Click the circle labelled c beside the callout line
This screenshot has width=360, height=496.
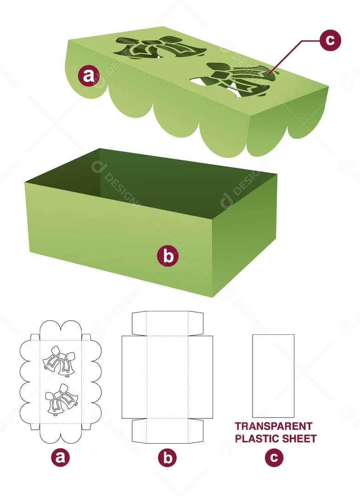click(x=330, y=40)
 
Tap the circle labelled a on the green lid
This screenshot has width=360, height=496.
click(x=88, y=76)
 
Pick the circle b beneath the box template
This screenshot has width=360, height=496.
click(x=168, y=457)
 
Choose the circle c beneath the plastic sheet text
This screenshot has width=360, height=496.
click(x=274, y=457)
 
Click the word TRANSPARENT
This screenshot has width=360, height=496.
click(x=273, y=426)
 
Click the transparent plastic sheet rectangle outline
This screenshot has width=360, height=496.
click(x=273, y=376)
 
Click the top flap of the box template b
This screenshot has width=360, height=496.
click(x=167, y=323)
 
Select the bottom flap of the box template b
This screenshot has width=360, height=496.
click(x=167, y=431)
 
